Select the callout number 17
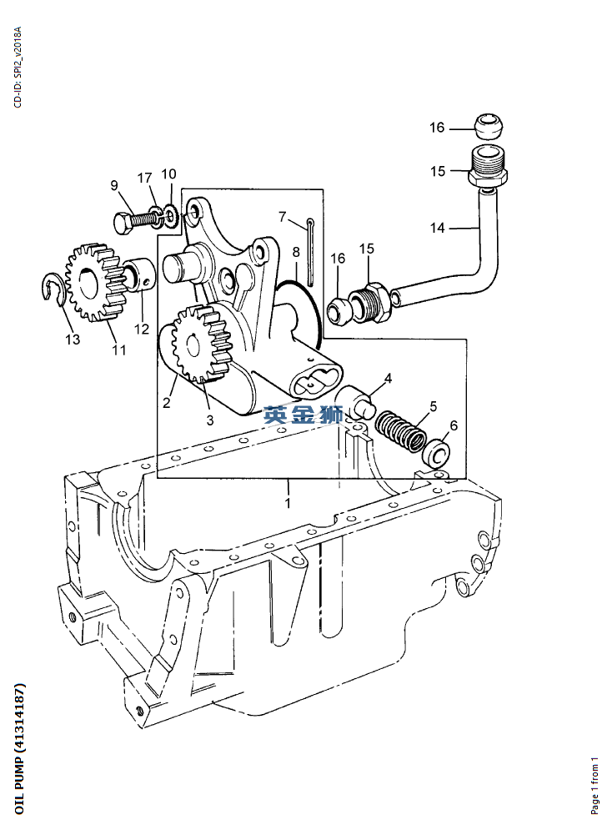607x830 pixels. coord(145,178)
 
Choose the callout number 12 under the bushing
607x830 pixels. coord(143,329)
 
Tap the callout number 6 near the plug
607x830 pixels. coord(453,425)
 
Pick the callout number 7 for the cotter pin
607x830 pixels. coord(283,217)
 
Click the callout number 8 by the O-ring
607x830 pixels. coord(295,252)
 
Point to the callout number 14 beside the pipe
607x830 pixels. coord(438,227)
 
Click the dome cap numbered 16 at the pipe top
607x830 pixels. coord(486,128)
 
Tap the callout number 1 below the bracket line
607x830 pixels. coord(288,503)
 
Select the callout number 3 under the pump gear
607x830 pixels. coord(210,420)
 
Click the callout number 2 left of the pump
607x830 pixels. coord(166,403)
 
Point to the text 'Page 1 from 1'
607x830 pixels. coord(594,786)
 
